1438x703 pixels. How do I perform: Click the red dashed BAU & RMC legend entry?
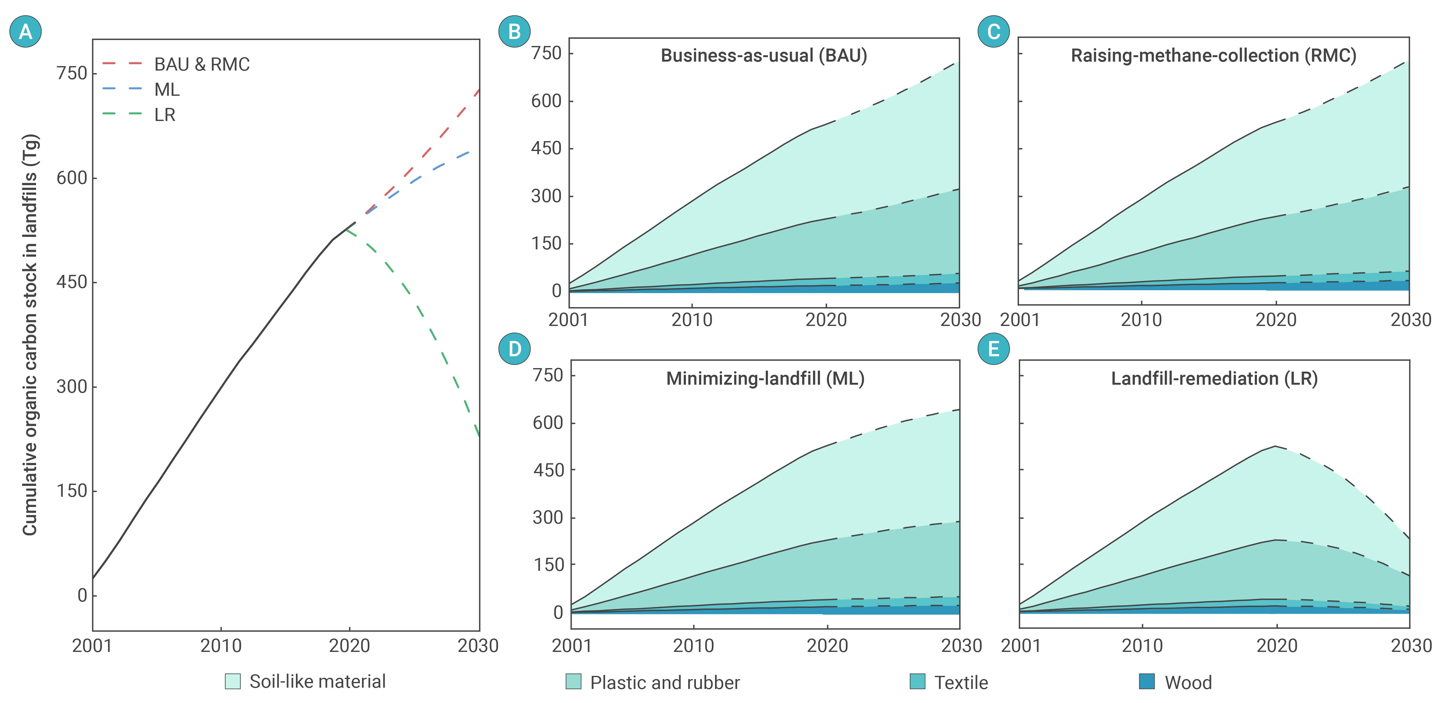click(176, 64)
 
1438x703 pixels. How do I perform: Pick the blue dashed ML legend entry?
click(141, 89)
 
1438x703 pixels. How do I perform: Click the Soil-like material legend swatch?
click(233, 681)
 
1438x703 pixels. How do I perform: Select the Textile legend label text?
click(961, 682)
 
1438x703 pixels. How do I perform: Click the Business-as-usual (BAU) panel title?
click(764, 56)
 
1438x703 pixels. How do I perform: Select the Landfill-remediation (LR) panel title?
click(1214, 379)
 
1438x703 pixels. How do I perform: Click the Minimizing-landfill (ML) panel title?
click(765, 379)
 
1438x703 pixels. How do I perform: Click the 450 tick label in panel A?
click(72, 282)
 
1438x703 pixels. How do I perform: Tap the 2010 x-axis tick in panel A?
click(221, 646)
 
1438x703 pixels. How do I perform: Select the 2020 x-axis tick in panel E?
click(1277, 646)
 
